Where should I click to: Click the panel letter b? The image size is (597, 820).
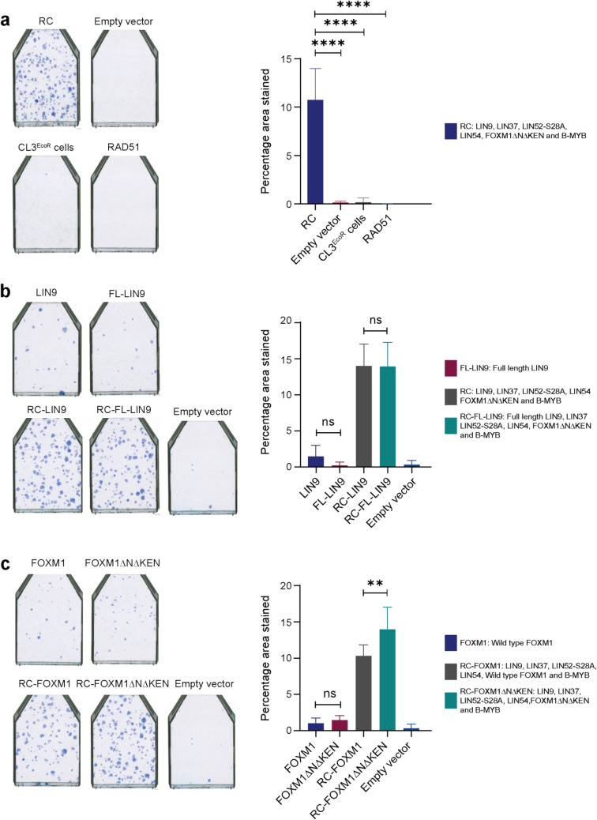[6, 299]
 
